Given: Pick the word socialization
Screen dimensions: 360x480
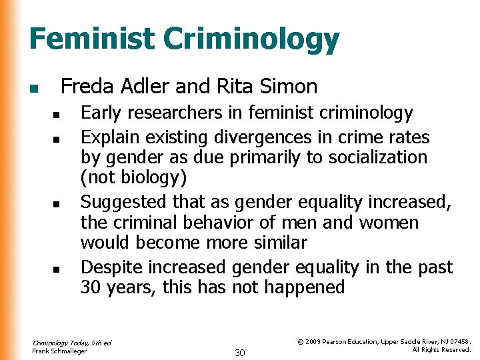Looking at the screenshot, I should point(373,157).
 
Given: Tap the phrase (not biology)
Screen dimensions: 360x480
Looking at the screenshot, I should point(133,178).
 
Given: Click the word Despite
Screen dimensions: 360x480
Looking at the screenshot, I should point(111,267).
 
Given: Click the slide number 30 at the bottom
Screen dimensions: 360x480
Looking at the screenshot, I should point(241,351).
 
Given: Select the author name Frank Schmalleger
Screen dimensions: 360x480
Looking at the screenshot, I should point(59,351).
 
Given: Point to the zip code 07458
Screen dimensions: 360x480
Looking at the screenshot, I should point(459,341).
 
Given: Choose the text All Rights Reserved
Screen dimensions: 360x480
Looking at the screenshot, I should point(441,349).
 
